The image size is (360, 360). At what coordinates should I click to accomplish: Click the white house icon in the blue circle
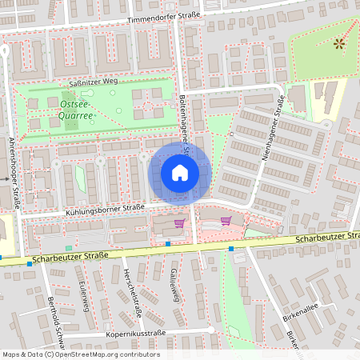tap(180, 172)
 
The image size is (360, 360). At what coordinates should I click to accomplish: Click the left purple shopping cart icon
tap(179, 223)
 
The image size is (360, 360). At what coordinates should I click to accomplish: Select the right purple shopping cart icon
tap(226, 221)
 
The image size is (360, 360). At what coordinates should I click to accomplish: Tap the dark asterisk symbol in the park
tap(338, 42)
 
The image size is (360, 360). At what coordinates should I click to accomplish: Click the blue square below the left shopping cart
tap(168, 243)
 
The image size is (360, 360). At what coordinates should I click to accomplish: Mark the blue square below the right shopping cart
tap(230, 249)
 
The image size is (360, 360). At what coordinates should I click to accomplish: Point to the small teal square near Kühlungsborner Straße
tap(69, 248)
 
